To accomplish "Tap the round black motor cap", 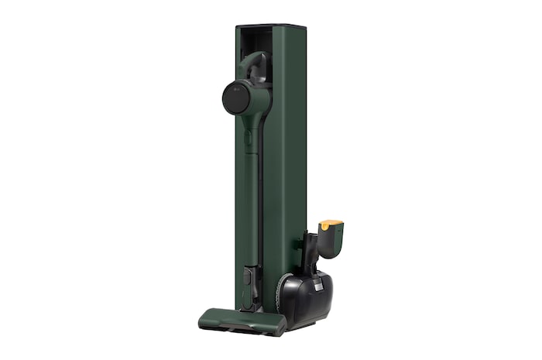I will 236,98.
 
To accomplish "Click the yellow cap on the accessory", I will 331,225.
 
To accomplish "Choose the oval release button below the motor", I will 247,139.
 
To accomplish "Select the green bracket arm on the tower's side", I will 297,246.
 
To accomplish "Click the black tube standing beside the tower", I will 309,247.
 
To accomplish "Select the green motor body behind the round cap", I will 259,101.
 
